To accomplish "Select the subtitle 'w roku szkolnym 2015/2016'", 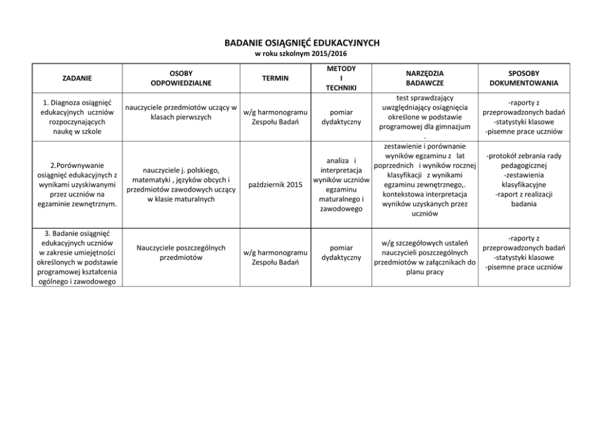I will [302, 53].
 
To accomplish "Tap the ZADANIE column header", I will [77, 78].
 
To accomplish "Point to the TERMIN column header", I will [275, 78].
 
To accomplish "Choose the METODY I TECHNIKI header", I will [340, 78].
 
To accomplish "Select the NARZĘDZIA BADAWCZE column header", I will [425, 78].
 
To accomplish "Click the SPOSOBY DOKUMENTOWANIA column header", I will [524, 78].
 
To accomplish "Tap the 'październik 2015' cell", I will [275, 184].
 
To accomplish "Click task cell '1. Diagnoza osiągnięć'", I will [76, 117].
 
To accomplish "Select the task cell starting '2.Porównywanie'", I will [76, 184].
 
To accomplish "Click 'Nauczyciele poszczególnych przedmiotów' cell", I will [181, 252].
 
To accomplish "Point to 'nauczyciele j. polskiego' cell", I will [181, 184].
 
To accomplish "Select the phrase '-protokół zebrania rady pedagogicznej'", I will [524, 160].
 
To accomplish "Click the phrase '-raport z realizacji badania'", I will [524, 199].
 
